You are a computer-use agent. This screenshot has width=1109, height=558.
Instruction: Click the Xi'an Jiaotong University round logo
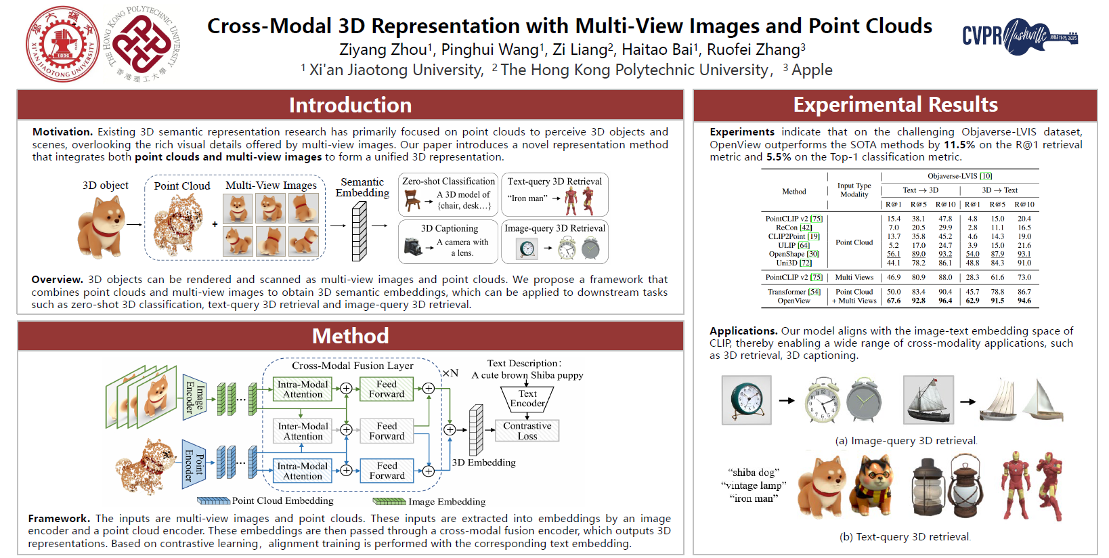tap(62, 44)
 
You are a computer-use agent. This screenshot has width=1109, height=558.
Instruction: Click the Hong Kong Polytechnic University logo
tap(143, 44)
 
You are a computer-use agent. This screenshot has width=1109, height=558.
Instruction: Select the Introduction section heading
tap(350, 105)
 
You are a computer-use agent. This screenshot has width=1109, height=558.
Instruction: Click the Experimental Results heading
tap(895, 105)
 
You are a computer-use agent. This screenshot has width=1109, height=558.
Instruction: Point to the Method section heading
tap(350, 336)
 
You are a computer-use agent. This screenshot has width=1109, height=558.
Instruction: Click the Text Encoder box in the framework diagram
tap(527, 398)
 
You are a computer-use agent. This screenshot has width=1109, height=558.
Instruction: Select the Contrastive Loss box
tap(527, 431)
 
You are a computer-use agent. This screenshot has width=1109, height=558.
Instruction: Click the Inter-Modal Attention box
tap(303, 431)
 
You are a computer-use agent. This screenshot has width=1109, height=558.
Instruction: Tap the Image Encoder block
tap(194, 397)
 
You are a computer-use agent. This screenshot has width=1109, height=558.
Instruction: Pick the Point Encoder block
tap(194, 463)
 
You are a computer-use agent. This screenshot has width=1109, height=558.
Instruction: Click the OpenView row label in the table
tap(793, 301)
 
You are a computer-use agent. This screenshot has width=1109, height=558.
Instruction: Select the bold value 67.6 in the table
tap(894, 301)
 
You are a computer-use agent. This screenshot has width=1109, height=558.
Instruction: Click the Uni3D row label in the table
tap(794, 263)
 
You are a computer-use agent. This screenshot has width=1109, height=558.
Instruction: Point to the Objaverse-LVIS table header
tap(959, 176)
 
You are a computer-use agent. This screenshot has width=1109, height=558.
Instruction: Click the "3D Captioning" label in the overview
tap(449, 228)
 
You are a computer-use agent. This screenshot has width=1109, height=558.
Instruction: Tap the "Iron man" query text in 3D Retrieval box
tap(527, 198)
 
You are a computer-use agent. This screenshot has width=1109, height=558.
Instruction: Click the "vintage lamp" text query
tap(754, 486)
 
